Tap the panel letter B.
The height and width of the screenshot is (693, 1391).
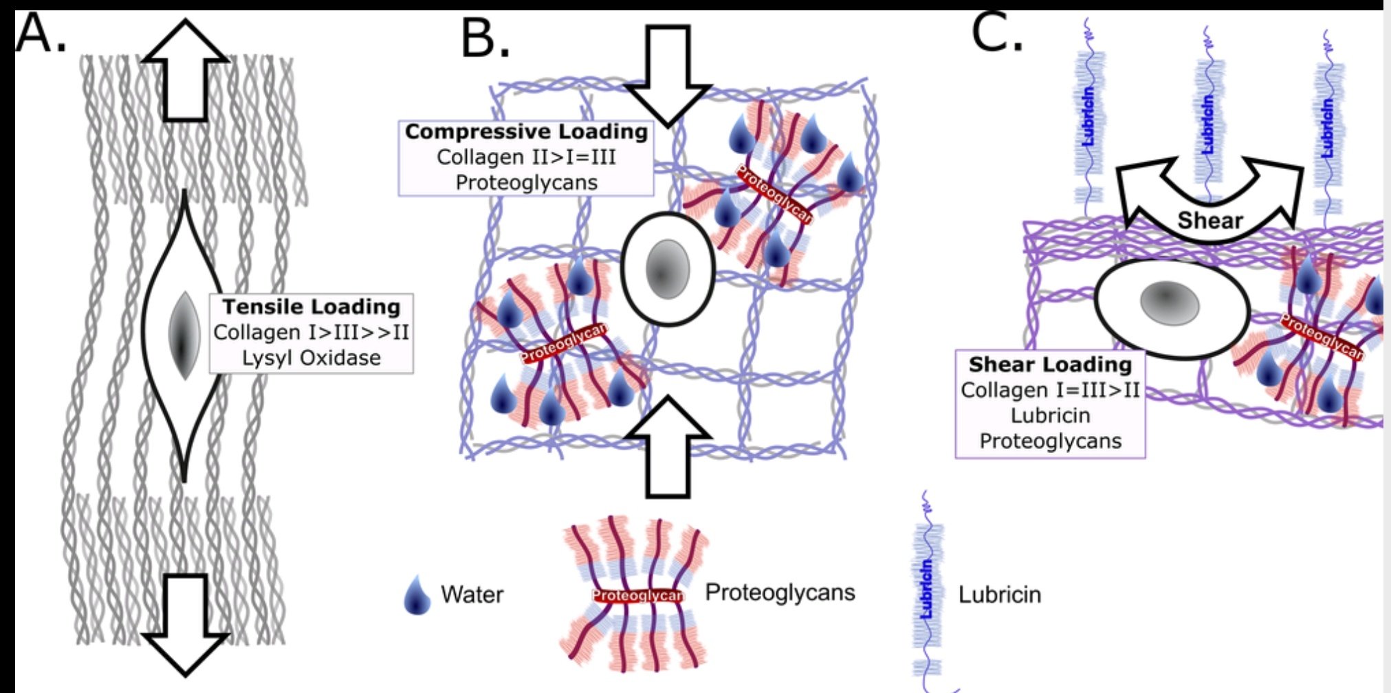click(x=485, y=38)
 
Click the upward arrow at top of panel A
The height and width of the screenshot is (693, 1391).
click(x=185, y=69)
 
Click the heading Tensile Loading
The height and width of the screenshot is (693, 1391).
click(x=311, y=307)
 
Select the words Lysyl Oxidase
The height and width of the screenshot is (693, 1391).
click(x=311, y=358)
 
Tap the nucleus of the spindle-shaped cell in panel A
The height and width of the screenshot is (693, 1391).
click(x=184, y=335)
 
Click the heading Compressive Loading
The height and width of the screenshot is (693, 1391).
click(x=526, y=131)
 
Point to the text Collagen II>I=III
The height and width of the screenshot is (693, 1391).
click(x=526, y=157)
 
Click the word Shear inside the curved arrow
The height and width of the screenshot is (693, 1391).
click(x=1209, y=221)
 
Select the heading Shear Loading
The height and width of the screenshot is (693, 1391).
click(x=1050, y=364)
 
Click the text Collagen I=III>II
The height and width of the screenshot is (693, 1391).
click(x=1050, y=390)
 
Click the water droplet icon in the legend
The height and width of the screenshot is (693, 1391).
click(x=417, y=595)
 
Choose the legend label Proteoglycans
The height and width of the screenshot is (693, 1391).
click(x=780, y=593)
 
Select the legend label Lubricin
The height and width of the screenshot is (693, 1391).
click(x=999, y=595)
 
